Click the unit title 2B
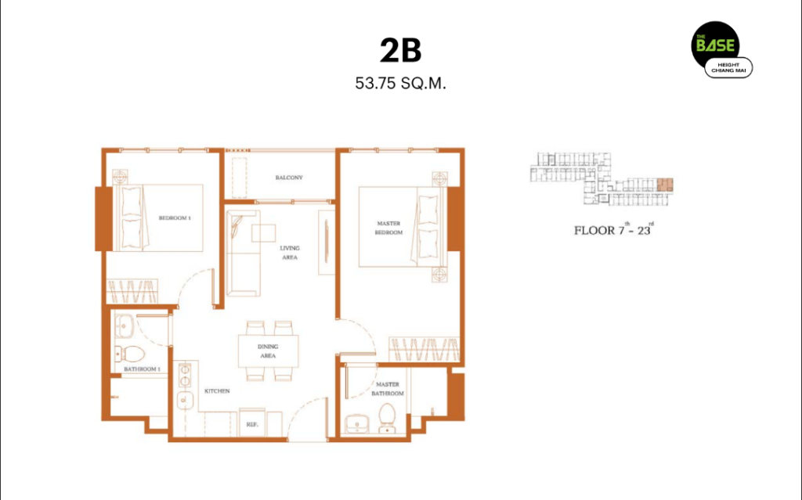click(400, 51)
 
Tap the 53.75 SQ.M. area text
click(400, 83)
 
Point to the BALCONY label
click(289, 178)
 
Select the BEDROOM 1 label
click(175, 218)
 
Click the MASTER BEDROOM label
click(388, 228)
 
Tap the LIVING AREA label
click(290, 253)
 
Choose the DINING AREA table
click(268, 351)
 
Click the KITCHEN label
click(217, 391)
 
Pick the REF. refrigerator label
click(252, 424)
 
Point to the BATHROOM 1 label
click(143, 369)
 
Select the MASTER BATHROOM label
click(388, 389)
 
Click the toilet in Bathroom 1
click(130, 353)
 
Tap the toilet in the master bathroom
click(387, 418)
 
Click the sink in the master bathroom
click(357, 424)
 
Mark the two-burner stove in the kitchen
click(184, 375)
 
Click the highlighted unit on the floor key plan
click(665, 185)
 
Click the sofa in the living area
click(244, 254)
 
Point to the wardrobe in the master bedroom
click(424, 350)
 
